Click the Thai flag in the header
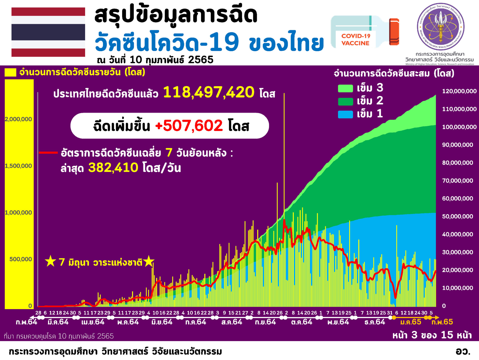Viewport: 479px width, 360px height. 48,32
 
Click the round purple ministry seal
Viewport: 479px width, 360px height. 440,27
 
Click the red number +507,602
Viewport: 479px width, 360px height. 189,126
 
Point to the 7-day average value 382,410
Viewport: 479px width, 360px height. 113,168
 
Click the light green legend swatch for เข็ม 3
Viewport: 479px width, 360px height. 345,88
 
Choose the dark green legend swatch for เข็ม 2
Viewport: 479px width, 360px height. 345,101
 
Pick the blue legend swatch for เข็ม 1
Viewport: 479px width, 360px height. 345,114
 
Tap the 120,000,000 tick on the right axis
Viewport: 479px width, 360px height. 459,91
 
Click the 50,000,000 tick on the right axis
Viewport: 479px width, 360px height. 457,216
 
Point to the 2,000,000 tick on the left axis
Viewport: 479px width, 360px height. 18,119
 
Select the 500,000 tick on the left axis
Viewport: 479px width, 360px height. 21,259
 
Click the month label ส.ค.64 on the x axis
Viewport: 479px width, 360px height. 232,322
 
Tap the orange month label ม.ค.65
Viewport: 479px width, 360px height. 411,322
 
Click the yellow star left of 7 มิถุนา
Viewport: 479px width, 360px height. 50,261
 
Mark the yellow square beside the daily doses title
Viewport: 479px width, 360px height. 10,72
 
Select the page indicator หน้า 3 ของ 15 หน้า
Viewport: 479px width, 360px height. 432,335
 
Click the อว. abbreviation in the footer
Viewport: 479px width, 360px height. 463,351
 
